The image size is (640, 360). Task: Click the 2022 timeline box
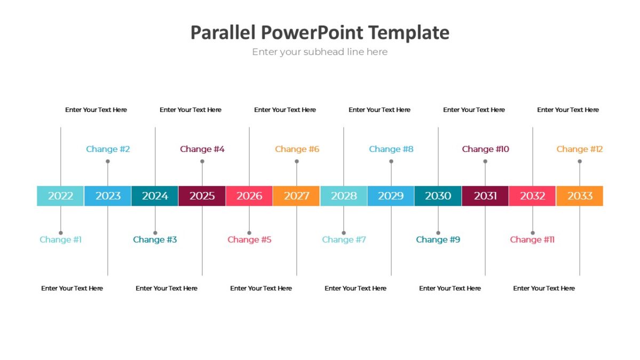60,196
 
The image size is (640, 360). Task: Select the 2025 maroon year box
202,196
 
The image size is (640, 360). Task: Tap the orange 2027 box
297,196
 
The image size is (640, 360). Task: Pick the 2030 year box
438,196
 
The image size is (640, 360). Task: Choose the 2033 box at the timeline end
580,196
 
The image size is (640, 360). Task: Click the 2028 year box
343,196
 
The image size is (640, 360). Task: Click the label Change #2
108,149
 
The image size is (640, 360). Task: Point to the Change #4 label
202,149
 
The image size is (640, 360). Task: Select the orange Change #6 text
297,149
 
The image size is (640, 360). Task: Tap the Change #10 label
485,149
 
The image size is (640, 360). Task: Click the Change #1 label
61,240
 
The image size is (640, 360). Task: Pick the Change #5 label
250,240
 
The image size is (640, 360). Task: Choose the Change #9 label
438,240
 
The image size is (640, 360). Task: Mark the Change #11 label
532,240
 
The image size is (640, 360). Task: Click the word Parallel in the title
223,33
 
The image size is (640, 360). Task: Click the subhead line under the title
320,52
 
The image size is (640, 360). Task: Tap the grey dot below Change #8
391,161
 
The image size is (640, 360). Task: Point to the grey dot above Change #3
155,233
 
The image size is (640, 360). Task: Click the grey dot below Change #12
580,161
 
